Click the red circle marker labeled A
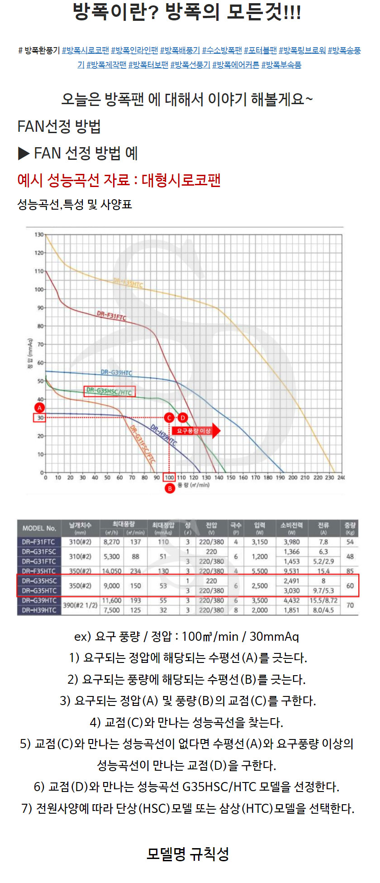click(x=40, y=408)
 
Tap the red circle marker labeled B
click(x=170, y=489)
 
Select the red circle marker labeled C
click(x=169, y=418)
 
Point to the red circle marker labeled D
click(x=183, y=418)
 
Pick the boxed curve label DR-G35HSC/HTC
click(x=109, y=391)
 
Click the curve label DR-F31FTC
click(x=111, y=316)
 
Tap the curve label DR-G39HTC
click(x=116, y=373)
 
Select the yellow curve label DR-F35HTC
click(x=128, y=283)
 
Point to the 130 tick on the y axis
click(x=39, y=235)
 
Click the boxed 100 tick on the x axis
click(x=169, y=477)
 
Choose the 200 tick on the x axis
click(x=293, y=477)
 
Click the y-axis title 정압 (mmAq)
click(x=30, y=353)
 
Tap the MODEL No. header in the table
click(x=39, y=528)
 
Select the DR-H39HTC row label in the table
click(x=39, y=610)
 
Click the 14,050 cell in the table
click(x=112, y=571)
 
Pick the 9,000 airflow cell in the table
click(x=112, y=585)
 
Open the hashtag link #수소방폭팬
click(x=222, y=50)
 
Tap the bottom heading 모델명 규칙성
click(x=188, y=854)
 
